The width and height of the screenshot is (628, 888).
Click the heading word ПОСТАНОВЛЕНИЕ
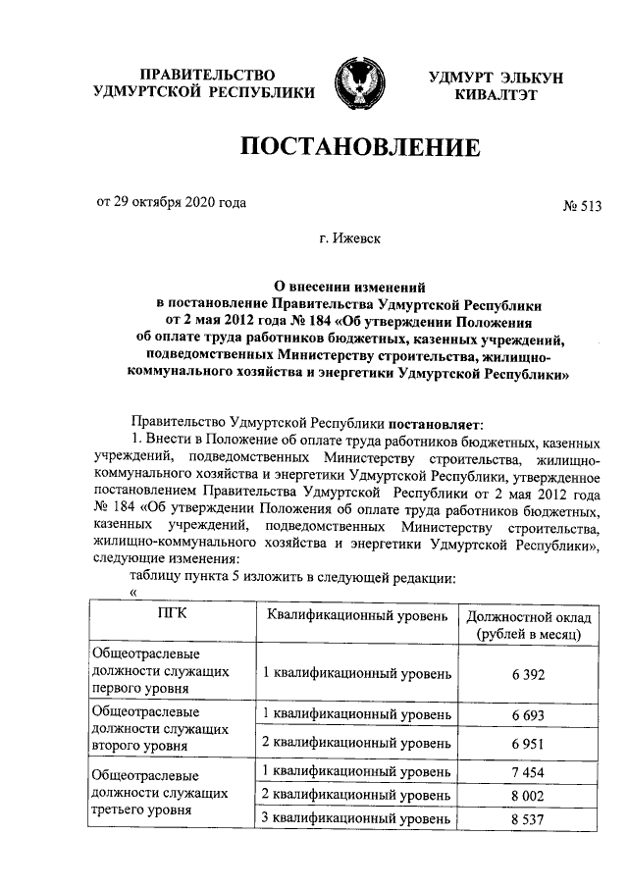click(x=360, y=148)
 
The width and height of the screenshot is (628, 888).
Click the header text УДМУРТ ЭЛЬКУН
click(x=496, y=78)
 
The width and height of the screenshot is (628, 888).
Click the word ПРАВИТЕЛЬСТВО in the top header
click(x=203, y=76)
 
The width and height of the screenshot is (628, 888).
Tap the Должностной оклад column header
click(x=527, y=625)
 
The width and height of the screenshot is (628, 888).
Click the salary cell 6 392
click(x=527, y=674)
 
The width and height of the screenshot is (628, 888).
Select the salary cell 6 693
click(x=527, y=718)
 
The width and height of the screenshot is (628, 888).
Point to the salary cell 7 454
click(x=527, y=773)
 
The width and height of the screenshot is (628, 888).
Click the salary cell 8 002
click(x=527, y=795)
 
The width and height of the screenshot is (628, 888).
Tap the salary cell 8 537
click(x=527, y=818)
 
